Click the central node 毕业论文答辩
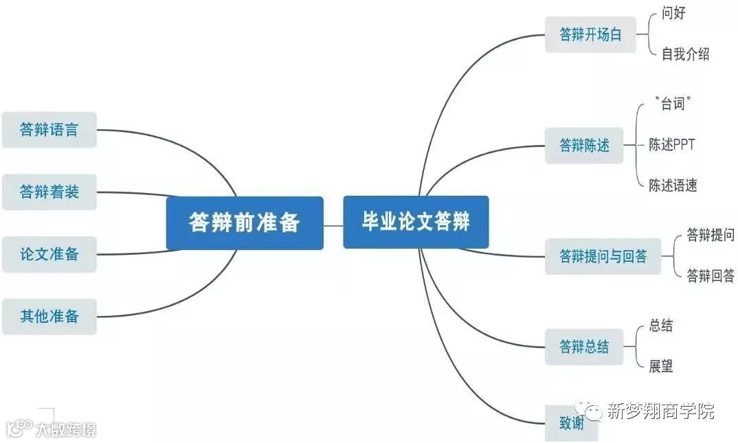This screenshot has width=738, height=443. tap(416, 222)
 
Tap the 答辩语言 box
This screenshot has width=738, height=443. tap(49, 130)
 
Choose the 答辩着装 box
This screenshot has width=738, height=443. tap(49, 192)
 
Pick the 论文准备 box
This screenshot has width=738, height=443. tap(49, 254)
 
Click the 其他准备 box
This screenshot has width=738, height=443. tap(49, 317)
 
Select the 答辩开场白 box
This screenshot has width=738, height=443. tap(590, 35)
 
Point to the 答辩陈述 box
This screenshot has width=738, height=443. tap(584, 146)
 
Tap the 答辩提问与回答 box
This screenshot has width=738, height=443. tap(603, 257)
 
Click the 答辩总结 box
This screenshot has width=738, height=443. tap(584, 347)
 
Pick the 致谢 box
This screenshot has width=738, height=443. tap(572, 423)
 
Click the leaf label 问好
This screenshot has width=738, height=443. tap(673, 13)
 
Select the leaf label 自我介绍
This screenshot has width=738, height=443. tap(685, 54)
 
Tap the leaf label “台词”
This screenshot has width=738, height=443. tap(673, 104)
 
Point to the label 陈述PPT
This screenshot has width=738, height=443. tap(672, 145)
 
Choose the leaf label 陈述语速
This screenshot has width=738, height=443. tap(673, 185)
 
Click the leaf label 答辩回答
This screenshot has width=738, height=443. tap(711, 276)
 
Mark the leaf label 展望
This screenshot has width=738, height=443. tap(661, 366)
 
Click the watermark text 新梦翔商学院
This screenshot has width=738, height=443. tap(660, 411)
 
